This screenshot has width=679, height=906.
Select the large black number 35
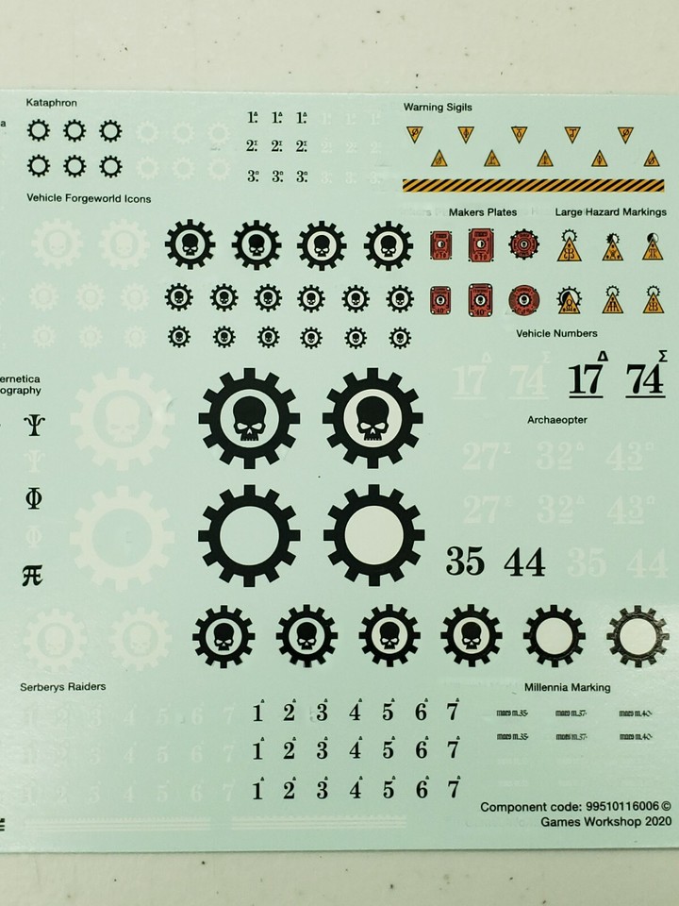point(464,562)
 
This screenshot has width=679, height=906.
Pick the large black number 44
point(524,562)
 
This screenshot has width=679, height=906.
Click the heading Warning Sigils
point(438,107)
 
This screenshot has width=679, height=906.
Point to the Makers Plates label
point(483,212)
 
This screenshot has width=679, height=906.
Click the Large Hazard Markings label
point(610,212)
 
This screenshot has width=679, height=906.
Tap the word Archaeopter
point(559,419)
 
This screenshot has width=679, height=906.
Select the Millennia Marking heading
point(567,688)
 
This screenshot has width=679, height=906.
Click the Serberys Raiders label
point(63,687)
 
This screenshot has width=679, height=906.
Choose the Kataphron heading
point(52,102)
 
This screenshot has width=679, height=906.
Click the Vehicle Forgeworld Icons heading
point(90,199)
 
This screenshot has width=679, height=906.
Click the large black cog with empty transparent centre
point(249,536)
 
